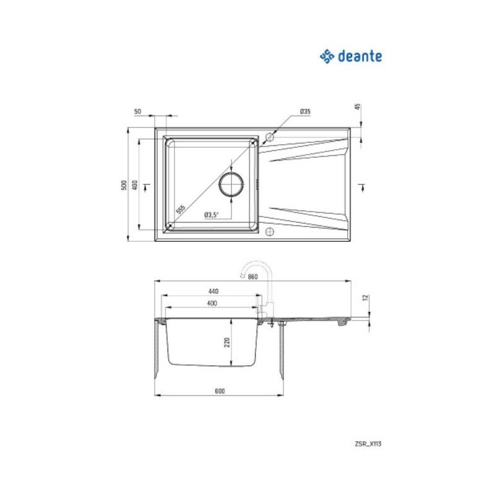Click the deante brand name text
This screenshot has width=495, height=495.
(x=359, y=57)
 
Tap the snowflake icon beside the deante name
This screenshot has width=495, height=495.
(x=327, y=57)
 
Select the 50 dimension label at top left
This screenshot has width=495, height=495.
(x=137, y=111)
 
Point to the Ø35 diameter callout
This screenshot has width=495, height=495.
(x=304, y=111)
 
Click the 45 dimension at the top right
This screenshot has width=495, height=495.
(x=358, y=106)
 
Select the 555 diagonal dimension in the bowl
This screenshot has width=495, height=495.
(x=181, y=209)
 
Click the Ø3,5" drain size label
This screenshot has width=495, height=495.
(x=211, y=215)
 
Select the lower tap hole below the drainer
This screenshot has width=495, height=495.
(x=269, y=232)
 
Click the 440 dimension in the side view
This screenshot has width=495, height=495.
(x=213, y=291)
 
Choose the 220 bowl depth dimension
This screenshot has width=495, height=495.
(x=227, y=342)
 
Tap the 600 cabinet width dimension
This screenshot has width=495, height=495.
(x=219, y=390)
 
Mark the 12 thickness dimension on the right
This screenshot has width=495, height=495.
(x=366, y=298)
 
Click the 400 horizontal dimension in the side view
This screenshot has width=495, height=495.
(x=212, y=303)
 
